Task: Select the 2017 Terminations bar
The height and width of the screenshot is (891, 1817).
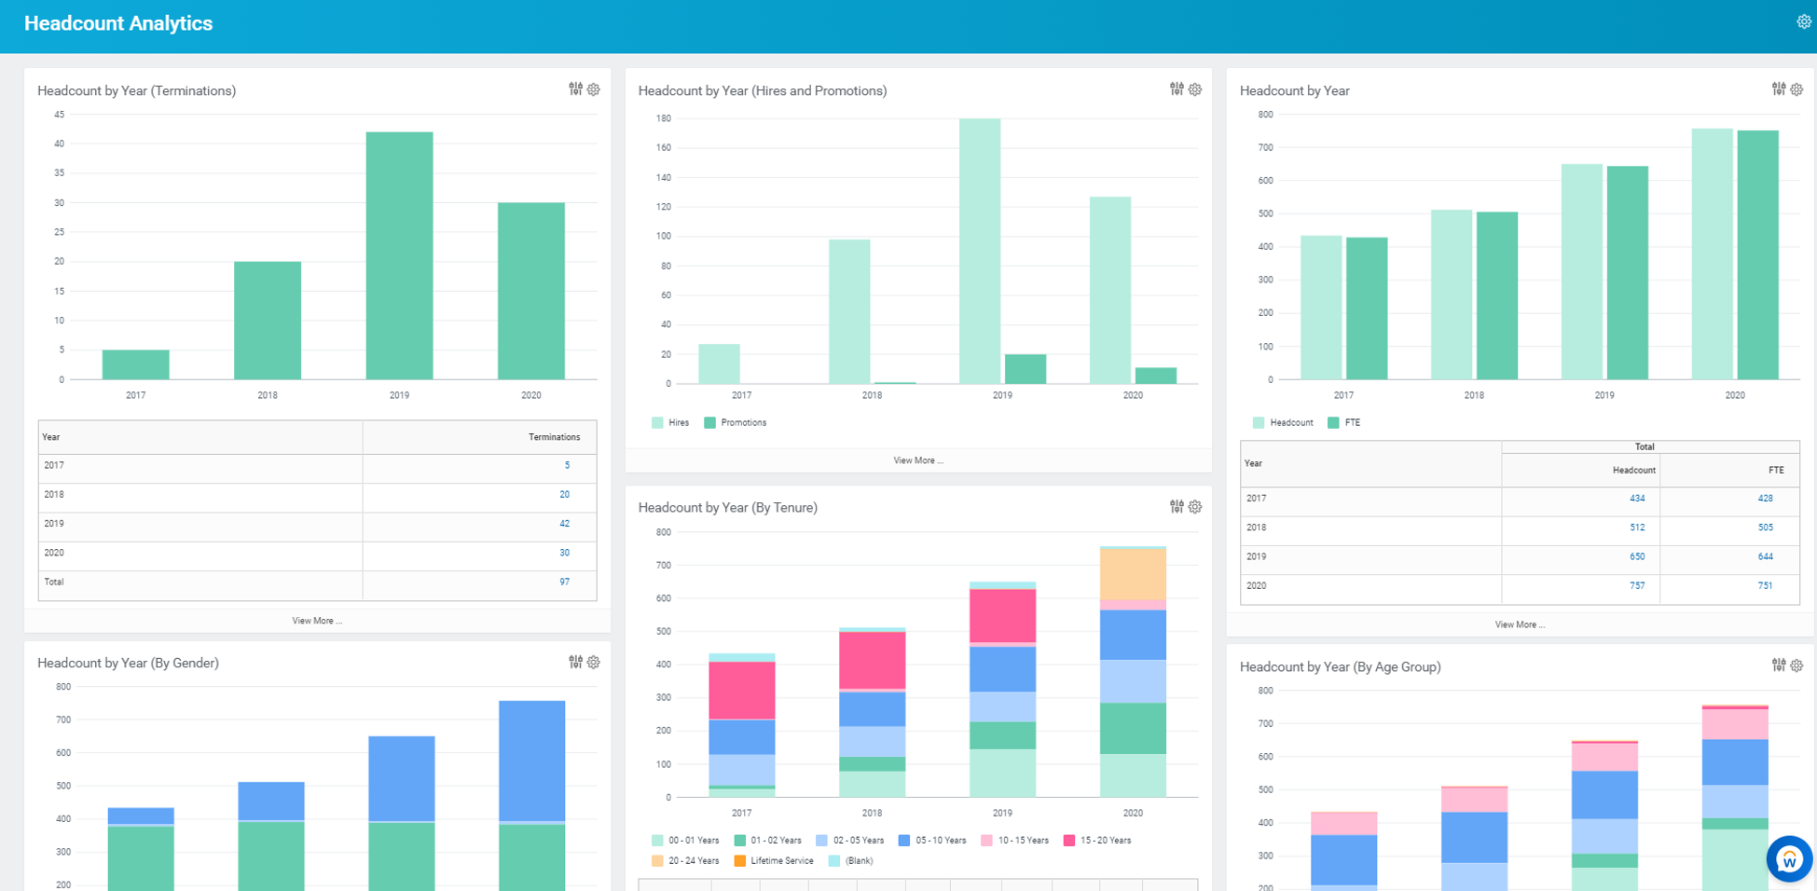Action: pyautogui.click(x=136, y=364)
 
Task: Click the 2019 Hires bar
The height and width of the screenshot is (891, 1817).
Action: pyautogui.click(x=980, y=251)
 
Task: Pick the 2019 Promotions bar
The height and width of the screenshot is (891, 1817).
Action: pyautogui.click(x=1025, y=369)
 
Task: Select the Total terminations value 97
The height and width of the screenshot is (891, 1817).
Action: pyautogui.click(x=564, y=582)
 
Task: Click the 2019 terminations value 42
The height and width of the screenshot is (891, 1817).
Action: pyautogui.click(x=564, y=524)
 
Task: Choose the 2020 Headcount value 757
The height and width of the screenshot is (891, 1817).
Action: pyautogui.click(x=1636, y=586)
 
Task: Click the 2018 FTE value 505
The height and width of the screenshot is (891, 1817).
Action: pyautogui.click(x=1765, y=528)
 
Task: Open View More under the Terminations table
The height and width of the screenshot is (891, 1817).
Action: pyautogui.click(x=317, y=621)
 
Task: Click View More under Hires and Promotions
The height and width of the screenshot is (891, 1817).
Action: pyautogui.click(x=918, y=460)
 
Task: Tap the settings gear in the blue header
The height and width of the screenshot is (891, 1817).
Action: pyautogui.click(x=1803, y=22)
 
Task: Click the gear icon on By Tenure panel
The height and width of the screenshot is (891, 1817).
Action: pyautogui.click(x=1195, y=507)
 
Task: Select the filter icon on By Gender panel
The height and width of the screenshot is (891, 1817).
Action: pyautogui.click(x=575, y=662)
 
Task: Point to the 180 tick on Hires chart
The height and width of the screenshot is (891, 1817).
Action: pyautogui.click(x=664, y=118)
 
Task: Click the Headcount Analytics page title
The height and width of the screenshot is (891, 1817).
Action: pyautogui.click(x=118, y=23)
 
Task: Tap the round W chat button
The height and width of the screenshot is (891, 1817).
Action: pyautogui.click(x=1788, y=859)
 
